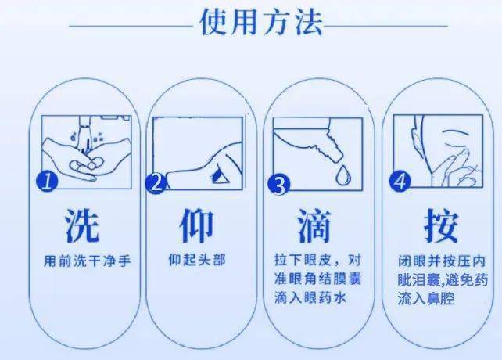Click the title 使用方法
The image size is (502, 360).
click(261, 24)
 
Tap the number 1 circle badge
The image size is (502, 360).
click(48, 182)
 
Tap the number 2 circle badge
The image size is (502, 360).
click(158, 183)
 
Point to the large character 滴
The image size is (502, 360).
click(314, 225)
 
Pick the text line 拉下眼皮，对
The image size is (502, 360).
click(316, 259)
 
